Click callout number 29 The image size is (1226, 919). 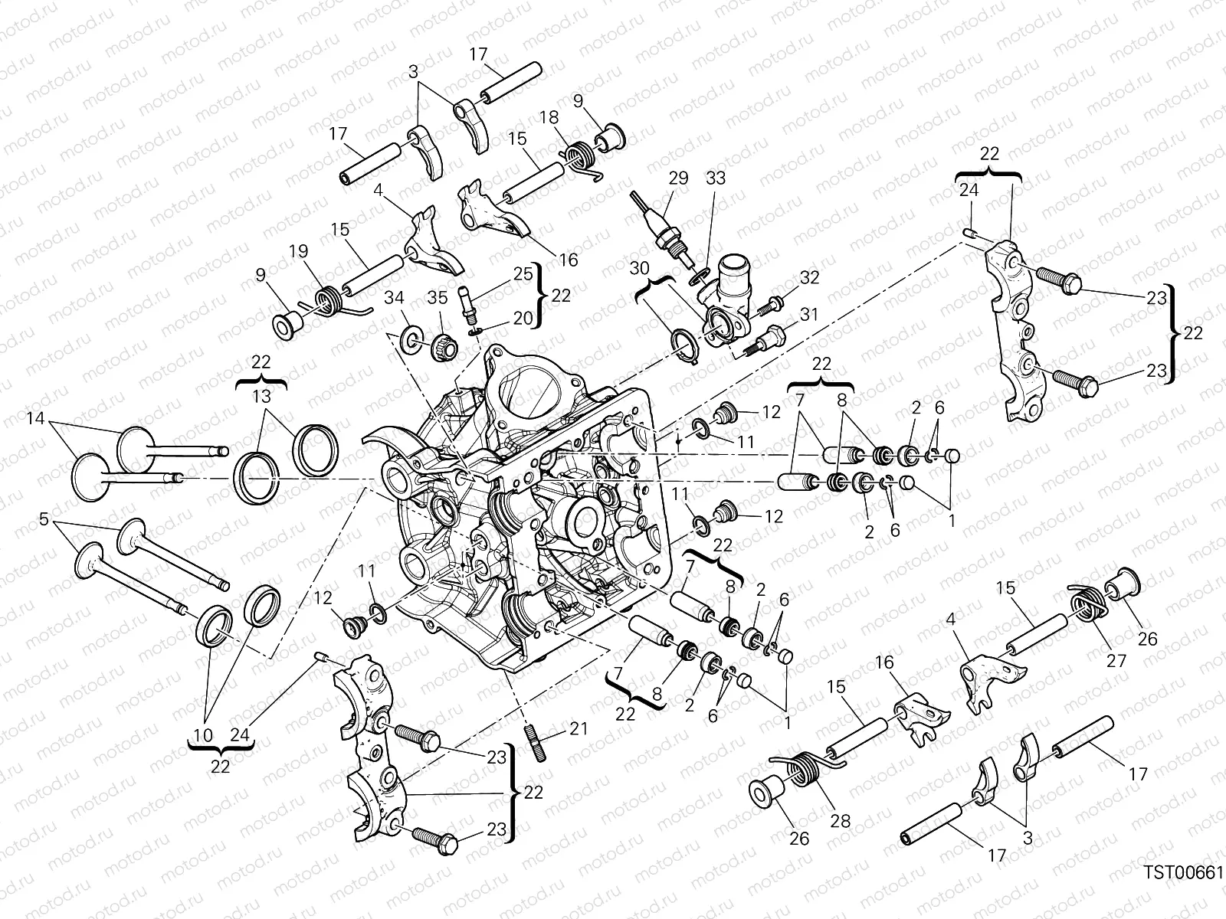click(x=678, y=178)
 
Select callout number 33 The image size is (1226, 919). click(x=716, y=178)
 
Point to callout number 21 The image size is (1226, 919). click(x=579, y=728)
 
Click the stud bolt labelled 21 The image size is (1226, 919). click(x=534, y=742)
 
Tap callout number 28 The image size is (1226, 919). click(x=840, y=820)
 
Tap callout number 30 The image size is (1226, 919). click(x=640, y=269)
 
